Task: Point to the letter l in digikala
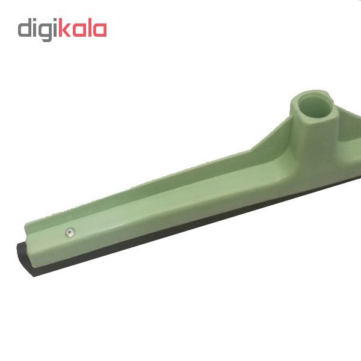[90, 27]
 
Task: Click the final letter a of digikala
[100, 29]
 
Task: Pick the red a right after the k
[79, 29]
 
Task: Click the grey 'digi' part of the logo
[37, 29]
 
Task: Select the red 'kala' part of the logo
[82, 27]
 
